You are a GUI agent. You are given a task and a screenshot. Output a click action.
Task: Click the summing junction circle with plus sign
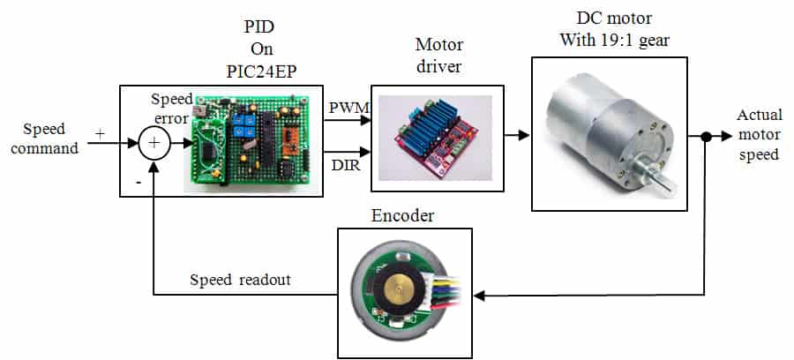coord(154,142)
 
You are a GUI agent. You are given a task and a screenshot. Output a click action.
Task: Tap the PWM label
coord(343,107)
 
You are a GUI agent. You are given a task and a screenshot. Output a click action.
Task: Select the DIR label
coord(342,166)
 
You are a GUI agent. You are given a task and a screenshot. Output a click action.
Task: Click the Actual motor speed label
coord(758,134)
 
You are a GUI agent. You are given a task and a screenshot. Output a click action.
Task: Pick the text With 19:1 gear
coord(609,39)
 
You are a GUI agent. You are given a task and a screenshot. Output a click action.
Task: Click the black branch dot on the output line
coord(706,137)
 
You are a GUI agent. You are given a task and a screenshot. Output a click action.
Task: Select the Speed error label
coord(169,108)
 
